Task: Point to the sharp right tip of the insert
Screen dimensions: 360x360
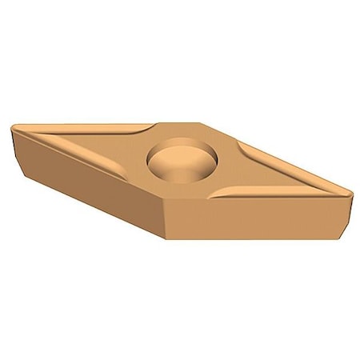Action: coord(350,191)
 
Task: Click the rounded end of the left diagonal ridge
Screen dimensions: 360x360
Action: coord(129,172)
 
